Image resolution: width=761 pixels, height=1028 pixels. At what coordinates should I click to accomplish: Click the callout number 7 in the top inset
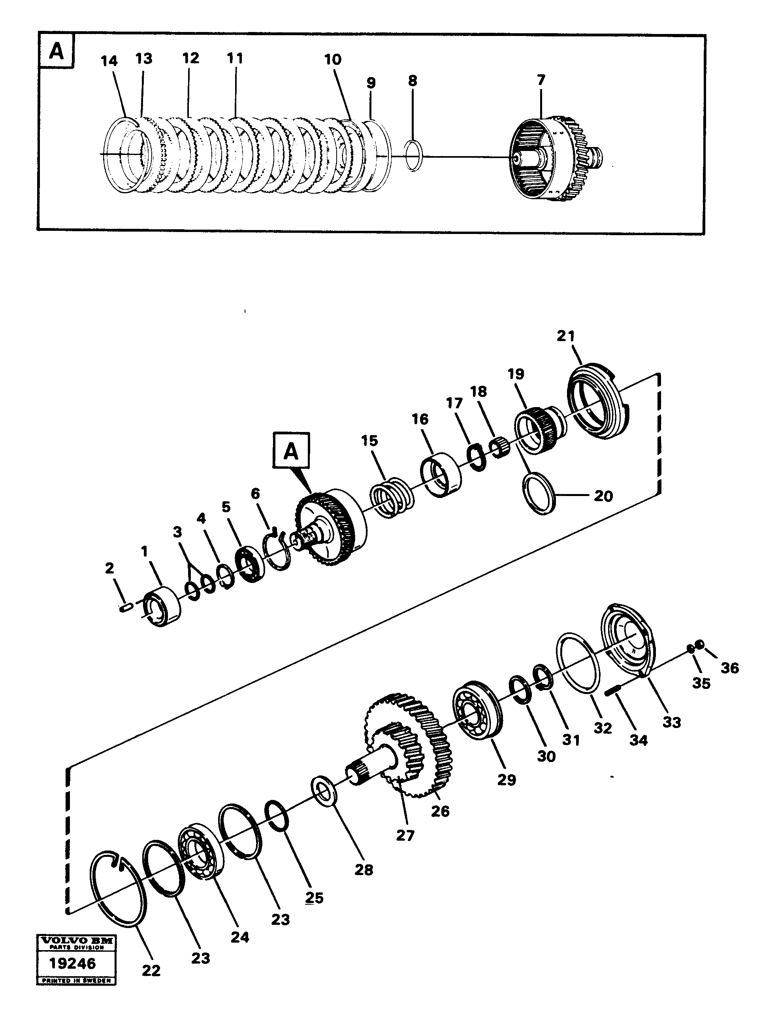(541, 80)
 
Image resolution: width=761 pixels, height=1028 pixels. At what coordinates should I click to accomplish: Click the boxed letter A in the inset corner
(56, 51)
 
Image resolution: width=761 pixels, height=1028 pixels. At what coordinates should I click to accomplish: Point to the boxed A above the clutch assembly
(291, 451)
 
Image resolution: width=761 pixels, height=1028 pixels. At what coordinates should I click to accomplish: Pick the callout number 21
(566, 336)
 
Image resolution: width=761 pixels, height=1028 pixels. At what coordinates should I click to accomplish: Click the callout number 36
(730, 668)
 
